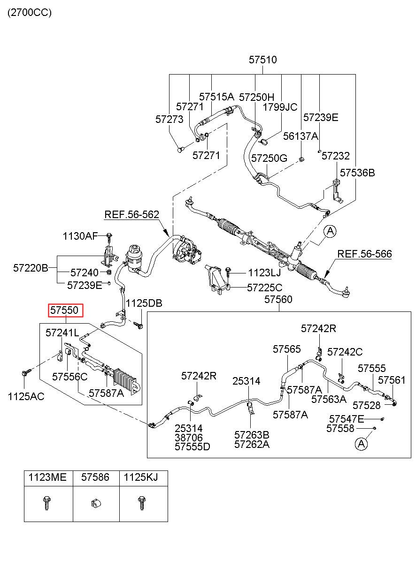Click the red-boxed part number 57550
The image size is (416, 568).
(66, 311)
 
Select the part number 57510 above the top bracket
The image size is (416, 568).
(262, 60)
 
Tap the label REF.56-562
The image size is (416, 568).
(132, 215)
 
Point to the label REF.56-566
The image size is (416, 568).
(364, 254)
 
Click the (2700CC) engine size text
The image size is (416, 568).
(30, 12)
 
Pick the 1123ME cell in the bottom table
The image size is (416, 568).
(47, 477)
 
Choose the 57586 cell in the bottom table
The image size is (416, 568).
(95, 477)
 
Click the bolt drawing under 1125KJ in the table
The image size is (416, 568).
(141, 503)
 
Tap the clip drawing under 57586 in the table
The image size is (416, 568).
(96, 503)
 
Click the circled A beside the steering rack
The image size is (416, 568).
(330, 231)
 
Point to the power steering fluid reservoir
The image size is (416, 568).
(134, 258)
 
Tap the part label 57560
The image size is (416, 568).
(278, 299)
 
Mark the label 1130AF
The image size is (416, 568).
(80, 236)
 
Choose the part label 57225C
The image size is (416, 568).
(265, 288)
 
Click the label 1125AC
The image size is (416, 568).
(26, 397)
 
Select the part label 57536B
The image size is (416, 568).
(357, 173)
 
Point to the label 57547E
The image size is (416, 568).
(347, 419)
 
